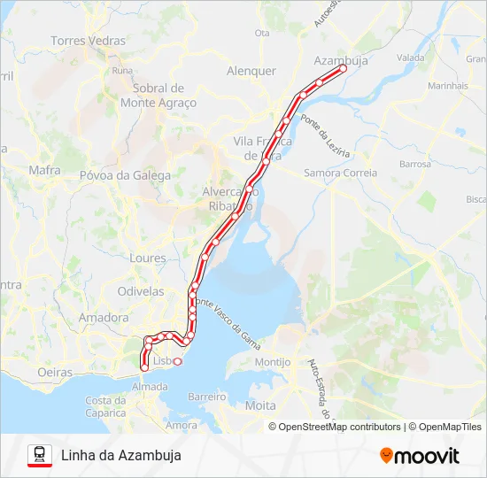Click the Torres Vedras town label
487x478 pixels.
pos(89,41)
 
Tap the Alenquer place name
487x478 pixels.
pos(251,71)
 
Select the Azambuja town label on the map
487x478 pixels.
pos(341,61)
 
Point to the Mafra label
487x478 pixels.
pos(44,170)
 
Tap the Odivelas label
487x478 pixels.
pos(141,290)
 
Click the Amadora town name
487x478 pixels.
pos(104,317)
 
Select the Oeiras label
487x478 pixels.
pos(55,373)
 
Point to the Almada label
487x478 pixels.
pos(149,387)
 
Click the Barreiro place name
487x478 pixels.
pos(208,397)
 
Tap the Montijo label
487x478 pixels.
pos(272,362)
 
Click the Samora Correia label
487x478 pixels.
pos(340,173)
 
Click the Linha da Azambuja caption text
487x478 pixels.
pos(121,456)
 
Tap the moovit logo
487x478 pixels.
pos(420,456)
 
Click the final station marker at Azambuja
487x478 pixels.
pos(343,67)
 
